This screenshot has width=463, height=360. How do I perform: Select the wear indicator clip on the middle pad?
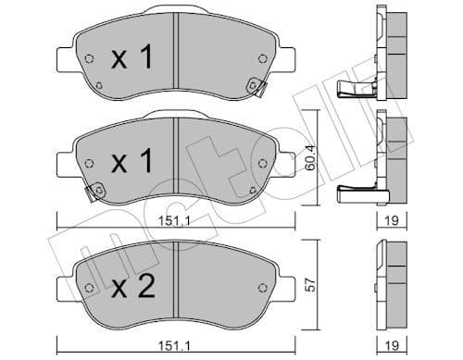click(x=92, y=193)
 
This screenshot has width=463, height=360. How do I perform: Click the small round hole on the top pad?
click(x=89, y=61)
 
